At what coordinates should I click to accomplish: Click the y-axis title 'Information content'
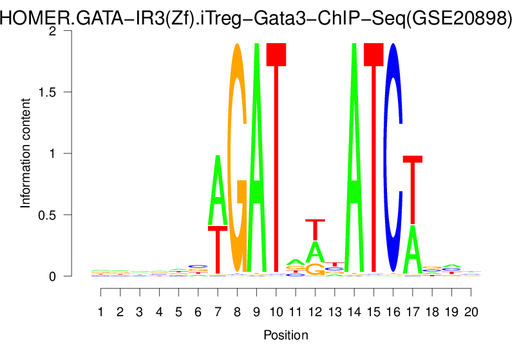tap(26, 153)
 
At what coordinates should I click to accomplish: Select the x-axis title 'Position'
tap(285, 336)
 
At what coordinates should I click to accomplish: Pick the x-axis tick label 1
tap(101, 312)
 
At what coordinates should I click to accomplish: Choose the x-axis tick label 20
tap(471, 312)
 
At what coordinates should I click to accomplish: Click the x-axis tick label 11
tap(296, 312)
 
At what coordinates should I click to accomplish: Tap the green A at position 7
tap(218, 191)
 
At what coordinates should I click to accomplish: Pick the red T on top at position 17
tap(413, 189)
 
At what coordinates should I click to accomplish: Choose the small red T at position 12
tap(315, 229)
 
